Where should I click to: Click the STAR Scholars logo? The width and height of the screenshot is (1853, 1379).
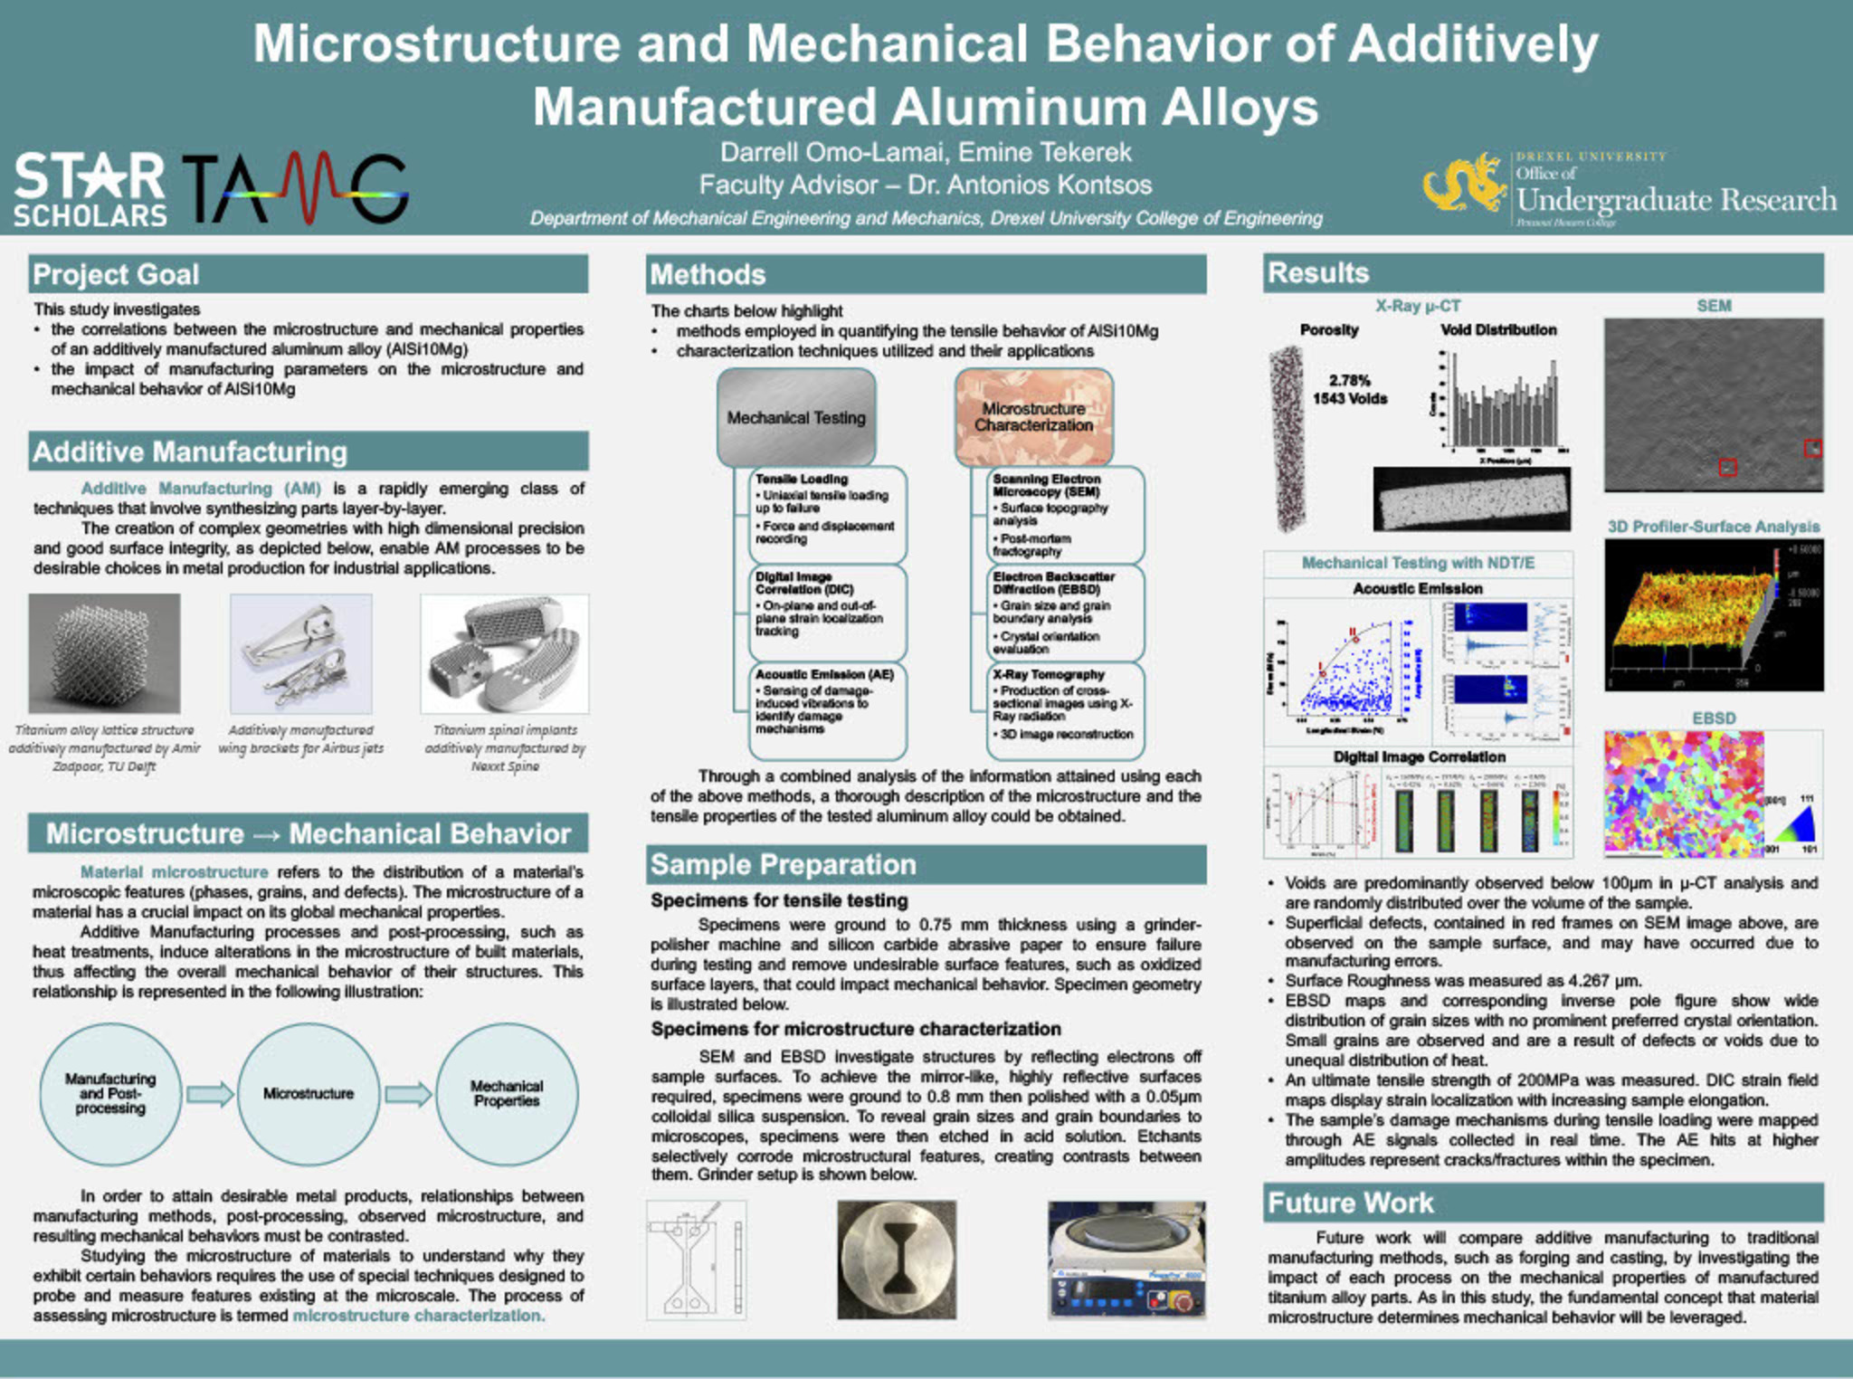point(90,189)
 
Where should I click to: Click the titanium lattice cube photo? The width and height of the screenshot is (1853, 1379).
point(104,653)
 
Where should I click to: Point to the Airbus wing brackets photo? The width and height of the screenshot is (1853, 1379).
point(300,653)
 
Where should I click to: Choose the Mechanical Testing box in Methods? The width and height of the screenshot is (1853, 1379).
point(796,417)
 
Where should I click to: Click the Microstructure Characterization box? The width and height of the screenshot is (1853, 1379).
point(1033,417)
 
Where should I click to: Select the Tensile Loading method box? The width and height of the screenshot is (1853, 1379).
point(827,512)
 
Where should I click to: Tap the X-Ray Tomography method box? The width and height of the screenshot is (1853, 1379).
point(1064,709)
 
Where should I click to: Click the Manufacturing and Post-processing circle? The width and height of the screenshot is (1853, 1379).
point(110,1093)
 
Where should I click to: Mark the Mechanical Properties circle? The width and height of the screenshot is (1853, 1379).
point(507,1093)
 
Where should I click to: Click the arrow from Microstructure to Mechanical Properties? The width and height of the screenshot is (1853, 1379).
point(408,1094)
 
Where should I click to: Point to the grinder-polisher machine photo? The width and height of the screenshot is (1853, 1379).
point(1126,1260)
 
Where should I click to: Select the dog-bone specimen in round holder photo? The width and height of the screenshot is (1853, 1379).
point(896,1260)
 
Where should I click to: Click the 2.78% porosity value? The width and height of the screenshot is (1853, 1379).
point(1349,380)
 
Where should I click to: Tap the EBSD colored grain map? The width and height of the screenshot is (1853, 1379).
point(1683,794)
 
